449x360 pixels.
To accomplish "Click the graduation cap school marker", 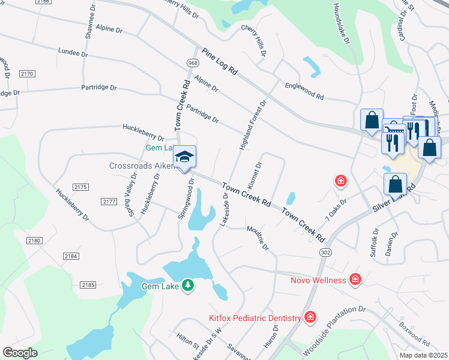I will pos(185,158).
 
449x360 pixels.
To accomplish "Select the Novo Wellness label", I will pos(318,280).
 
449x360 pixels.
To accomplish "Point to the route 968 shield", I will pos(193,63).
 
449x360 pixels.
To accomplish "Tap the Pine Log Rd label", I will pos(220,61).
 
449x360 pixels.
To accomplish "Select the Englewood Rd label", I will pos(304,91).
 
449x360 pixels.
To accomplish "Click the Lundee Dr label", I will pos(73,53).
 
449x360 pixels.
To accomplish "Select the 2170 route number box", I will pos(27,74).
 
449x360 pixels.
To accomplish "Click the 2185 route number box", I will pos(88,284).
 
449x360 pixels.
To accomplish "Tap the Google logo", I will pos(20,352).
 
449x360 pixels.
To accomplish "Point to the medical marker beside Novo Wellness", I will pos(356,279).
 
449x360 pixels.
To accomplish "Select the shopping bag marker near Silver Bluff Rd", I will pos(396,184).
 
